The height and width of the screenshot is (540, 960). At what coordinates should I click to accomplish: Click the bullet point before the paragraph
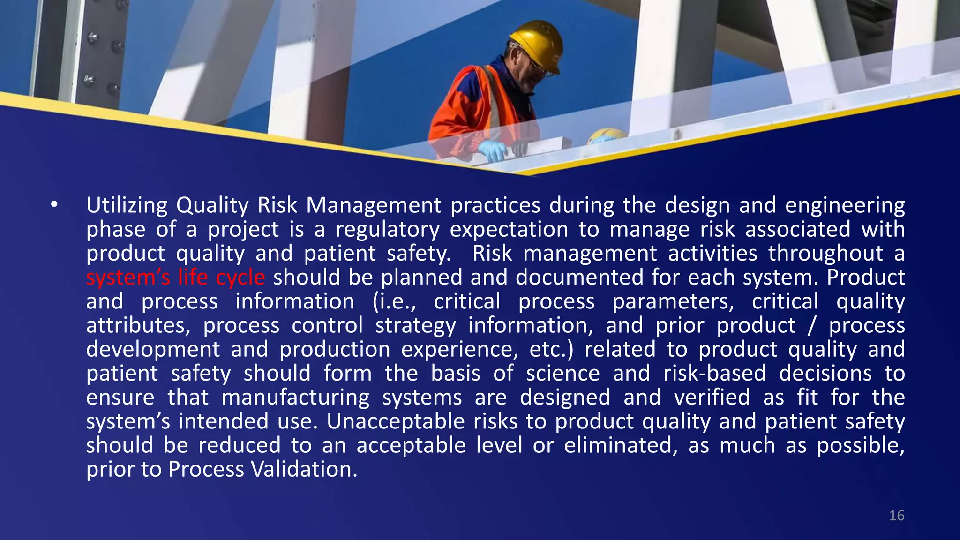tap(54, 205)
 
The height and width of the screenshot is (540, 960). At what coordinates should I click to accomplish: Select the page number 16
tap(896, 516)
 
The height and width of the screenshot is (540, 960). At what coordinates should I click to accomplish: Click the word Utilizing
tap(127, 205)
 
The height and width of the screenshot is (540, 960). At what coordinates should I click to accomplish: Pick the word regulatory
tap(387, 230)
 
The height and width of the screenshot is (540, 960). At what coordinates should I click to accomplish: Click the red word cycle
tap(240, 277)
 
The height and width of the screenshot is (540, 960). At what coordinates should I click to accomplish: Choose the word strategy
tap(415, 325)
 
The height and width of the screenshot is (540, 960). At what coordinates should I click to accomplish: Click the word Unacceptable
tap(395, 421)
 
